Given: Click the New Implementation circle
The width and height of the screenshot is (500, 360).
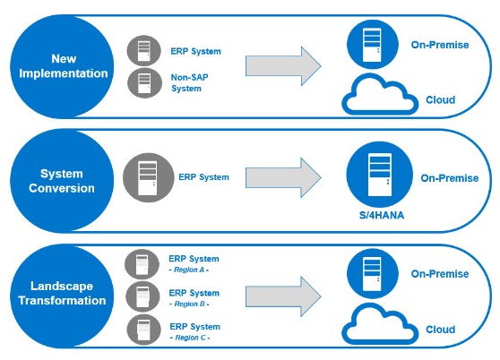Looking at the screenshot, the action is pyautogui.click(x=62, y=66).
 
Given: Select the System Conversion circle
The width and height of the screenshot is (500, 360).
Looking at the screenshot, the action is pyautogui.click(x=62, y=181).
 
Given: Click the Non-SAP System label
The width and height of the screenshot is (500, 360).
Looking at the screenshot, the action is pyautogui.click(x=189, y=82).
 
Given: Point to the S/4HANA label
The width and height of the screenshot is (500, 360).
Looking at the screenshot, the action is pyautogui.click(x=382, y=215).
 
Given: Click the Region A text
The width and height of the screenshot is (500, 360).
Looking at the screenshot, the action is pyautogui.click(x=189, y=270).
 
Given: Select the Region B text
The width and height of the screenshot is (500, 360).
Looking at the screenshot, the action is pyautogui.click(x=189, y=304).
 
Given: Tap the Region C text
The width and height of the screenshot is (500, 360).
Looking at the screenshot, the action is pyautogui.click(x=190, y=338).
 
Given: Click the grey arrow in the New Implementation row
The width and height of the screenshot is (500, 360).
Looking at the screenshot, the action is pyautogui.click(x=283, y=66).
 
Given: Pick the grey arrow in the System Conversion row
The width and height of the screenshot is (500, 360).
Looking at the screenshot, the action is pyautogui.click(x=283, y=177).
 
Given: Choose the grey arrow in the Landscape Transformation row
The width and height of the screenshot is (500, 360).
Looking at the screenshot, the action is pyautogui.click(x=283, y=296).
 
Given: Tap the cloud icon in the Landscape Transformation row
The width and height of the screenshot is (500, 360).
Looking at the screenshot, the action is pyautogui.click(x=380, y=325).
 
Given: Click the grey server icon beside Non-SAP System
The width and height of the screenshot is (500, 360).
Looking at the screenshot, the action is pyautogui.click(x=144, y=82).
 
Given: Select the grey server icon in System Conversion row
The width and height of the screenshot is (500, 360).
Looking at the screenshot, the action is pyautogui.click(x=148, y=177).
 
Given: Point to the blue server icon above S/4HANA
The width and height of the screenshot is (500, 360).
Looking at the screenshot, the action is pyautogui.click(x=379, y=175).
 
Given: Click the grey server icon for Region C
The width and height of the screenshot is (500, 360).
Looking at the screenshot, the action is pyautogui.click(x=143, y=330).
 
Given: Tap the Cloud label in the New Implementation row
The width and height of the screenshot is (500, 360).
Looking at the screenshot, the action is pyautogui.click(x=440, y=99).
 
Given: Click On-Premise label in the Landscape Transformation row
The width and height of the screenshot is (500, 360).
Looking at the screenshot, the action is pyautogui.click(x=440, y=274).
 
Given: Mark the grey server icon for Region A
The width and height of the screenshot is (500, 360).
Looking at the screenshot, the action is pyautogui.click(x=142, y=264).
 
